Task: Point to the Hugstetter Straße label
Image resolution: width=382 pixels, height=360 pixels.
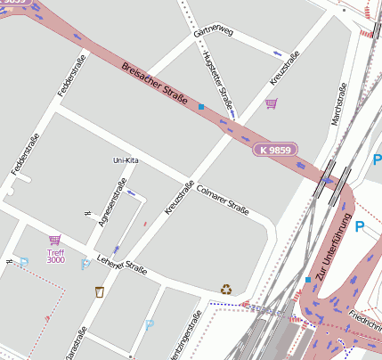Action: click(217, 81)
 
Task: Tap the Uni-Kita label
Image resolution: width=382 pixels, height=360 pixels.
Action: click(126, 160)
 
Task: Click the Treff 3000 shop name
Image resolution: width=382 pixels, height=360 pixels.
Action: click(55, 256)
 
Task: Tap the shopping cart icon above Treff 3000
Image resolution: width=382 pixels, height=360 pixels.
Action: click(55, 240)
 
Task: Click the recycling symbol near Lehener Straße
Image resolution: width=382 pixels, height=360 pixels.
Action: click(226, 289)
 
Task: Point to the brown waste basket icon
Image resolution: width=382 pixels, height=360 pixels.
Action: click(100, 290)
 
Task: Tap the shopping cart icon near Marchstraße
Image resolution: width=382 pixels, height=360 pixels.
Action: click(271, 104)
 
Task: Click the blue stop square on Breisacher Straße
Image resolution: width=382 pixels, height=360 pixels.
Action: click(201, 107)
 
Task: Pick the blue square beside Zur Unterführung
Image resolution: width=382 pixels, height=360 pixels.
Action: click(308, 280)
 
